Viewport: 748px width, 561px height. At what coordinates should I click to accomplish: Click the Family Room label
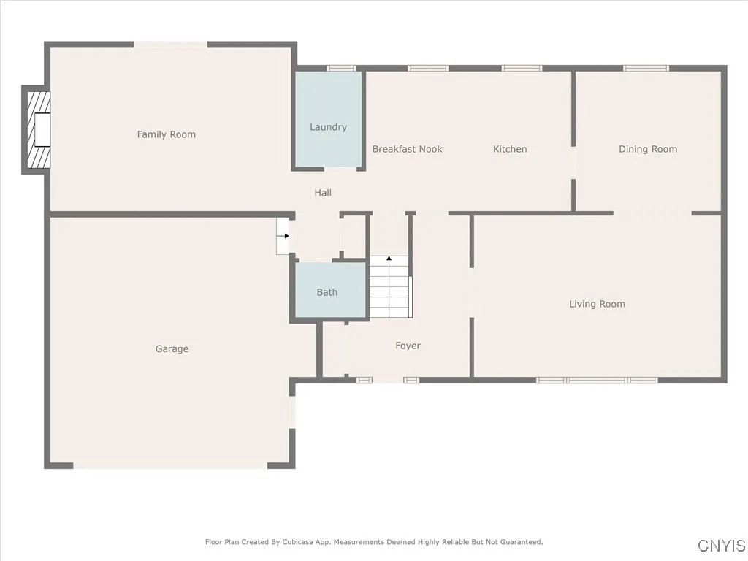pyautogui.click(x=167, y=134)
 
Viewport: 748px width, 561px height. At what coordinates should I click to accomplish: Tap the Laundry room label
pyautogui.click(x=328, y=127)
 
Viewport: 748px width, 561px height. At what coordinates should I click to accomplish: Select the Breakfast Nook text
pyautogui.click(x=407, y=149)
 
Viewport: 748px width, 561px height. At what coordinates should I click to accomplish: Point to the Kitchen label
pyautogui.click(x=510, y=149)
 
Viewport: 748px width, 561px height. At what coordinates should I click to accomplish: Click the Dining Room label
pyautogui.click(x=648, y=149)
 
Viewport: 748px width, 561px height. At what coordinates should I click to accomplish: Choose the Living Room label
pyautogui.click(x=597, y=304)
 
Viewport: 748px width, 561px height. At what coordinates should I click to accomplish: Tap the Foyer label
pyautogui.click(x=408, y=346)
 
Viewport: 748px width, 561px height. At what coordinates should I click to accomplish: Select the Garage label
pyautogui.click(x=172, y=349)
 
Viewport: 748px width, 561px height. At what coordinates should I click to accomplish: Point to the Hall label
pyautogui.click(x=323, y=193)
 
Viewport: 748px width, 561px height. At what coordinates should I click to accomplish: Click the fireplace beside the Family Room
pyautogui.click(x=37, y=130)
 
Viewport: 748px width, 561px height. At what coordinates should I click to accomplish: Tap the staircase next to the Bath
pyautogui.click(x=390, y=289)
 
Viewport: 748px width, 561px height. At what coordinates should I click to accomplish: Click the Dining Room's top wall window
pyautogui.click(x=646, y=69)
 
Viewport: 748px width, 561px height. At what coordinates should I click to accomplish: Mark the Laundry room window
pyautogui.click(x=341, y=69)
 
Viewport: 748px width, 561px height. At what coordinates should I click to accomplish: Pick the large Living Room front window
pyautogui.click(x=597, y=380)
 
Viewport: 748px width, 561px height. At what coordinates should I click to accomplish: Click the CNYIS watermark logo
pyautogui.click(x=721, y=546)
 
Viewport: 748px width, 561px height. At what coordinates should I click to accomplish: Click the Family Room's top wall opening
pyautogui.click(x=171, y=45)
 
